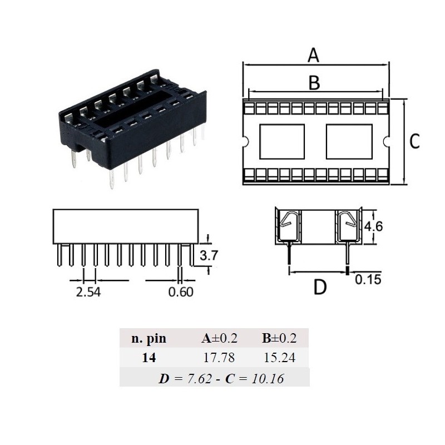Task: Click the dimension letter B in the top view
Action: (x=314, y=82)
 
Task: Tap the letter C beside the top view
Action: (x=414, y=142)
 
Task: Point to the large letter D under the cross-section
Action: (x=320, y=287)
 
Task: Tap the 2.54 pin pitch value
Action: (x=89, y=291)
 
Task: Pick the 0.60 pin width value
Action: (x=181, y=291)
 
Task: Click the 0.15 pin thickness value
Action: (x=368, y=279)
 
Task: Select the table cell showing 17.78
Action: (x=216, y=358)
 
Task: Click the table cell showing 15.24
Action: (x=279, y=358)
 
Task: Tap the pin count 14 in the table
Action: (x=149, y=358)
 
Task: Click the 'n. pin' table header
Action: (x=149, y=338)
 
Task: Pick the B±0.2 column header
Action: (x=279, y=338)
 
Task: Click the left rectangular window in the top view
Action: (x=283, y=141)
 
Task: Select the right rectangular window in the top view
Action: (x=348, y=141)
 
